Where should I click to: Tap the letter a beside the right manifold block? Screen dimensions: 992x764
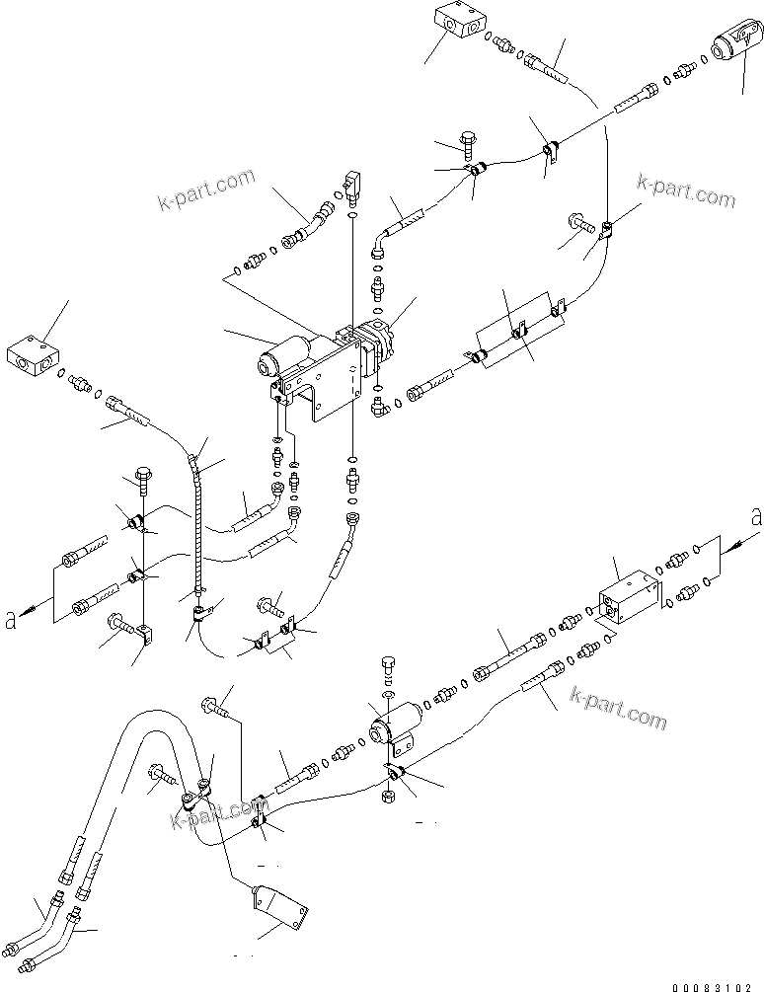(755, 516)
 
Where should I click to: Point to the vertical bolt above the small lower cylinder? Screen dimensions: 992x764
(388, 667)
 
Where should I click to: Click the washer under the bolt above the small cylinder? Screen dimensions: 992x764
(389, 698)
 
